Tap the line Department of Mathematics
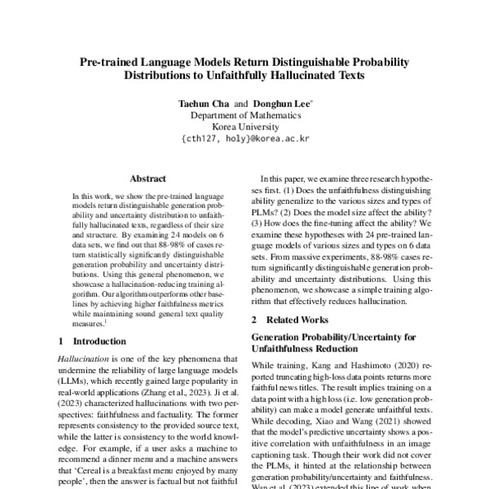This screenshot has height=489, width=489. click(x=244, y=117)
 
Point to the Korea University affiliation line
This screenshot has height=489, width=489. click(x=244, y=127)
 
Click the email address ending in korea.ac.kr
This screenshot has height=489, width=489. click(x=244, y=139)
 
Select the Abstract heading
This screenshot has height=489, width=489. click(x=148, y=178)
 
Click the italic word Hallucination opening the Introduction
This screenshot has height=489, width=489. click(x=86, y=359)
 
